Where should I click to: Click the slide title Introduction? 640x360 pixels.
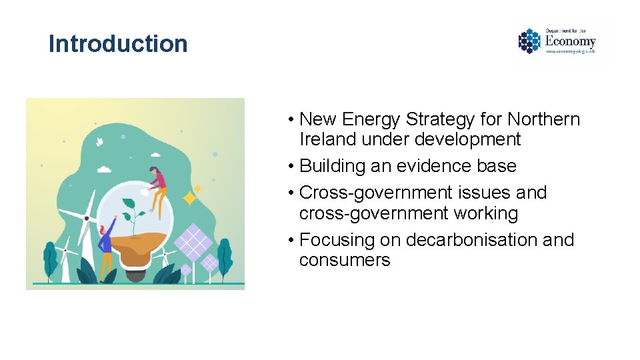(x=118, y=44)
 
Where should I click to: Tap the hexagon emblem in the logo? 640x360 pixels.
(x=529, y=41)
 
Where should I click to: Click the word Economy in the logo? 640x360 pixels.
(x=570, y=42)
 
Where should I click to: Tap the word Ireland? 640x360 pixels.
(x=327, y=139)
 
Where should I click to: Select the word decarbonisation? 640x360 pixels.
(x=471, y=239)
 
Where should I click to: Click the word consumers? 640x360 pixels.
(x=345, y=260)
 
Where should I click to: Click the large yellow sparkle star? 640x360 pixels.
(x=191, y=198)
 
